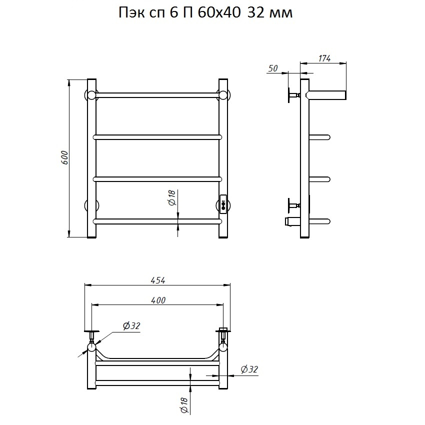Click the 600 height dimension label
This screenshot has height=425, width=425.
pos(64,157)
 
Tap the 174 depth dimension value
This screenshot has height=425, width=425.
pos(324,58)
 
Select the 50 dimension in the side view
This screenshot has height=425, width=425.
pos(273,68)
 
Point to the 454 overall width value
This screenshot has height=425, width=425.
pos(157,280)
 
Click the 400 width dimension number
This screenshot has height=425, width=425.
pos(158,300)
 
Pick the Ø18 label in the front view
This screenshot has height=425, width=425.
pos(172,197)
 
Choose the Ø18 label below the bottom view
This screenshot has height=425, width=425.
pos(184,405)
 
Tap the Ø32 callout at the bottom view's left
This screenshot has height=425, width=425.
pos(131,325)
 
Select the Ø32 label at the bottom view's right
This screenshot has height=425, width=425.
pos(249,369)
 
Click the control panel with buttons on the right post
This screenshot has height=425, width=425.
pos(223,204)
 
